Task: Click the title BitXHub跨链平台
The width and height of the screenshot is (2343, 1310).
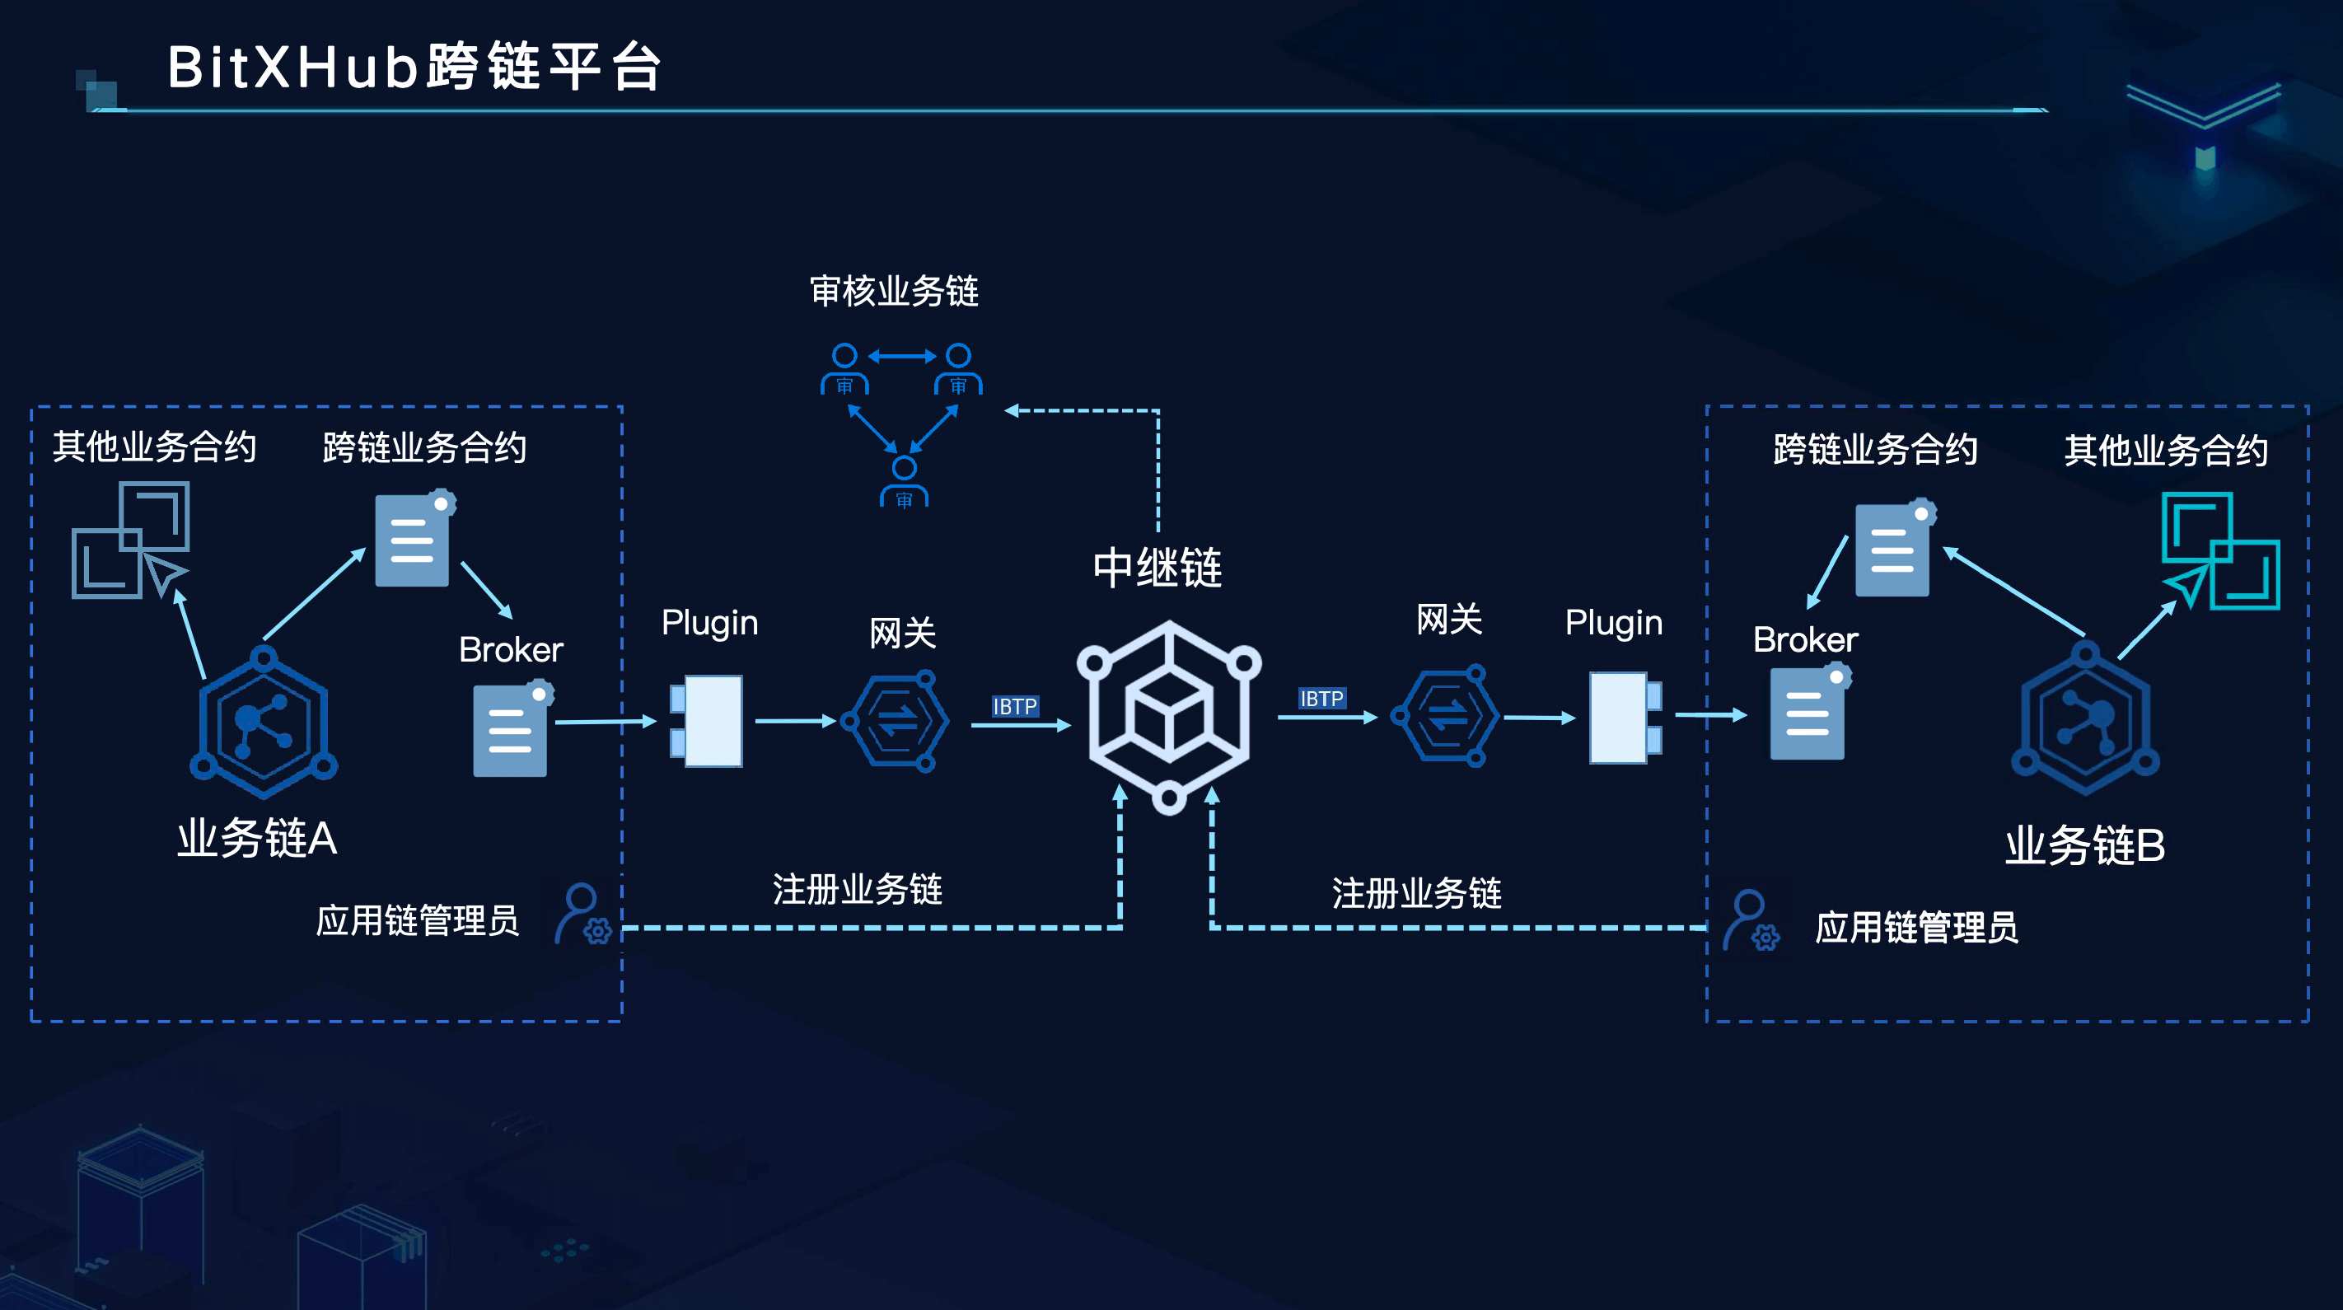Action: [x=414, y=68]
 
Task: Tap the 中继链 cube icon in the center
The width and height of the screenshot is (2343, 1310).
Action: [x=1169, y=716]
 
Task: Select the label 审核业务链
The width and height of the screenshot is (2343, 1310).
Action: [x=893, y=291]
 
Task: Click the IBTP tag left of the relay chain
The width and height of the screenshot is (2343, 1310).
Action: [x=1014, y=707]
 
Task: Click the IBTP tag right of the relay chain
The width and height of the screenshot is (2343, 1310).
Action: [x=1321, y=699]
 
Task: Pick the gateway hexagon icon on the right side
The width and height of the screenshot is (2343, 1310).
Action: [x=1446, y=716]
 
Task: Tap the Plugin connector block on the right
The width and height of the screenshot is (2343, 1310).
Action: [x=1624, y=717]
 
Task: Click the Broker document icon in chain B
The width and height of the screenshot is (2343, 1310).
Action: [x=1808, y=713]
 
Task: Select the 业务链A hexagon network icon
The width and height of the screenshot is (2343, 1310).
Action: [x=264, y=723]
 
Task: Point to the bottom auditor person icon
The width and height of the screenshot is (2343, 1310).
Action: [x=903, y=482]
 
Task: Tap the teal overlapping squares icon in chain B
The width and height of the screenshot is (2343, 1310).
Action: [x=2219, y=551]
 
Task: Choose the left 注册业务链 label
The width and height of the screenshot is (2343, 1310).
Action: [x=857, y=889]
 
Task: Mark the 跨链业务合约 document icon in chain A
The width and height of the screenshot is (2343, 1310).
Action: [x=414, y=540]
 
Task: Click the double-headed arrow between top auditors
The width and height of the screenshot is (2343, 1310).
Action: [x=901, y=356]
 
